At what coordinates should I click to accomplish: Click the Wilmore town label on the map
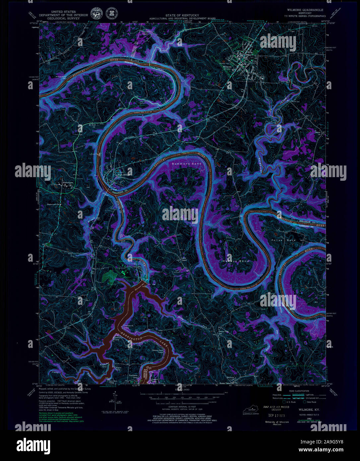click(x=227, y=67)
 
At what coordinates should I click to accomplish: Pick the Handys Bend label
click(x=235, y=261)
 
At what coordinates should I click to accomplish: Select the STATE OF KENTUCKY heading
click(x=182, y=15)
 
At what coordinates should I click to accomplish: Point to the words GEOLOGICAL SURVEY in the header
click(x=63, y=18)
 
